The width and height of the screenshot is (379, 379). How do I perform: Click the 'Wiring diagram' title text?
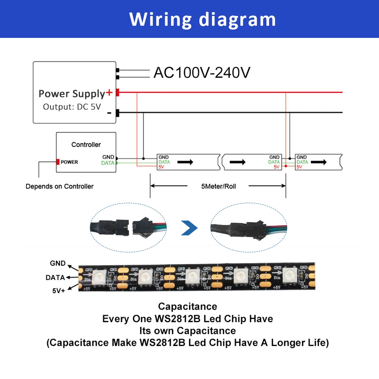pos(202,19)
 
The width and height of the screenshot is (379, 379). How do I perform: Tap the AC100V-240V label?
pos(202,72)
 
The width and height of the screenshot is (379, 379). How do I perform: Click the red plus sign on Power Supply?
pos(109,92)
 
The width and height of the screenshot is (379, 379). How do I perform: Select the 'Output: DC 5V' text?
pos(72,106)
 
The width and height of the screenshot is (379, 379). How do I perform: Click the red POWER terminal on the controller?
pos(58,162)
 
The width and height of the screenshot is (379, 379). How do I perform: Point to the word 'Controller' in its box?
pos(86,144)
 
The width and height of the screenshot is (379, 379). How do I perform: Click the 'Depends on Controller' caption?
pos(60,186)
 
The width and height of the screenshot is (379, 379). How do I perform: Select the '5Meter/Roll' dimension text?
pos(218,186)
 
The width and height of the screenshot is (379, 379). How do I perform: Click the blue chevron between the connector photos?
pos(189,228)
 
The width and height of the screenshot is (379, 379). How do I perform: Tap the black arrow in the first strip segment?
pos(186,162)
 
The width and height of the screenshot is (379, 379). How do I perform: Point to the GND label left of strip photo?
pos(58,263)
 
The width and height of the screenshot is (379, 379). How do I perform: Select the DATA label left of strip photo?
pos(55,277)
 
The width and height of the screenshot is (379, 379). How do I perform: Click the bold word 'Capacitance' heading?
pos(188,306)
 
